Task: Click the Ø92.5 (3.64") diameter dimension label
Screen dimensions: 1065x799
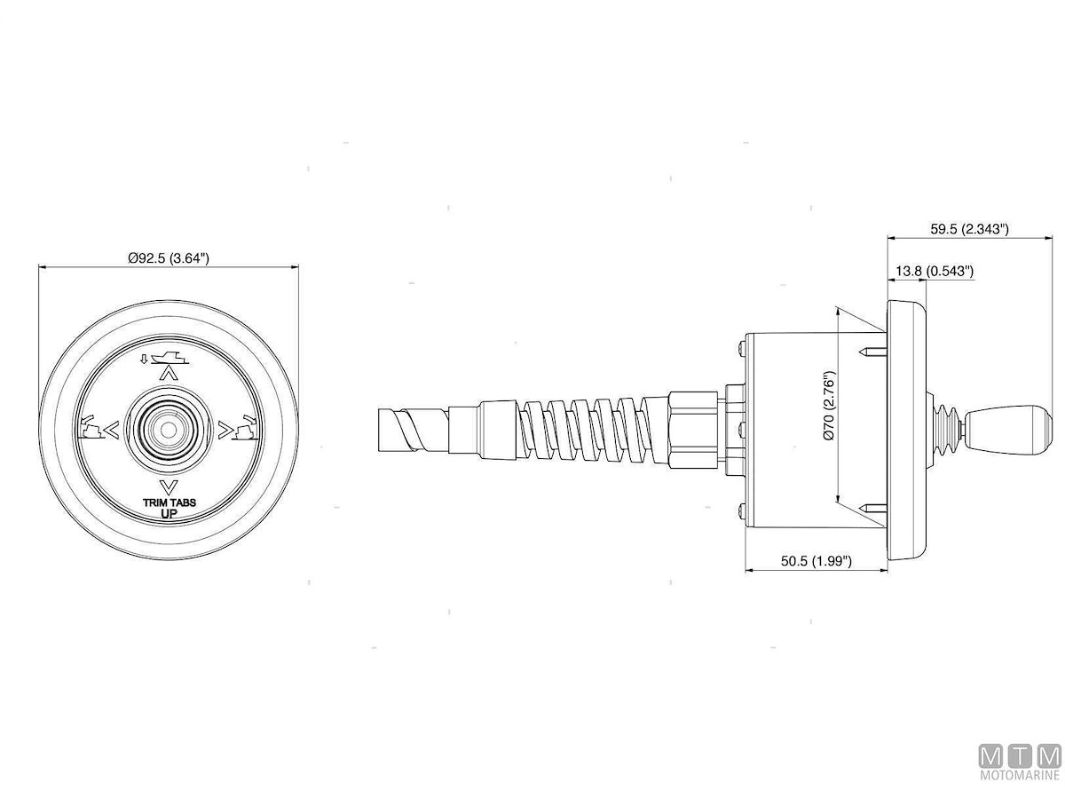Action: pyautogui.click(x=169, y=258)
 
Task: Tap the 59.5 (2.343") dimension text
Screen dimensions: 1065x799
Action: pyautogui.click(x=969, y=229)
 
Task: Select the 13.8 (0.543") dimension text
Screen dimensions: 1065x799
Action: pyautogui.click(x=935, y=271)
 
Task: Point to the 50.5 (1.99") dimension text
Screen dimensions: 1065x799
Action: pyautogui.click(x=816, y=561)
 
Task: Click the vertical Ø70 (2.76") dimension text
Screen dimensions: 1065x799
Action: pyautogui.click(x=829, y=406)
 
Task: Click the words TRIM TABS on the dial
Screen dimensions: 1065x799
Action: pyautogui.click(x=170, y=502)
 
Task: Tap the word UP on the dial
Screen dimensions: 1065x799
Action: pyautogui.click(x=169, y=513)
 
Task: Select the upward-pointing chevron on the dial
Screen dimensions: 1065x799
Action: pyautogui.click(x=169, y=373)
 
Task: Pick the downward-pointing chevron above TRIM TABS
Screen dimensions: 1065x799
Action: pyautogui.click(x=169, y=485)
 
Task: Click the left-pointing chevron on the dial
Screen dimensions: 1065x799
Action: pyautogui.click(x=112, y=430)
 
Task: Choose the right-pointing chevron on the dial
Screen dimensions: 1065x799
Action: pyautogui.click(x=225, y=430)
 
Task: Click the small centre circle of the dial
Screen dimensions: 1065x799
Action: pyautogui.click(x=168, y=430)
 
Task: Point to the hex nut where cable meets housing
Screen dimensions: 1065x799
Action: pyautogui.click(x=693, y=430)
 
